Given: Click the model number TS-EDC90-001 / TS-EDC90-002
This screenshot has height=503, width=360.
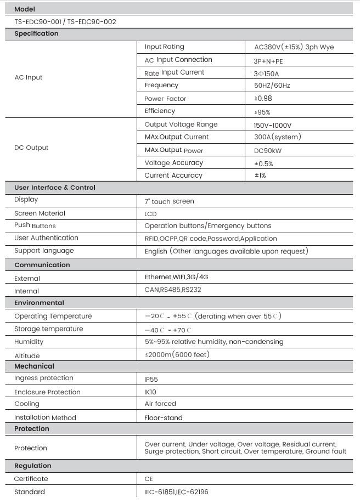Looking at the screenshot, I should tap(65, 22).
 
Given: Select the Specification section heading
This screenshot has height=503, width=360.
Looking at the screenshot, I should tap(36, 33).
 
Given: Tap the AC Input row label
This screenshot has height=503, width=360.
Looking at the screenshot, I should tap(28, 77).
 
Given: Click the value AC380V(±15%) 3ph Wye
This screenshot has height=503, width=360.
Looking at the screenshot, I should tap(290, 47).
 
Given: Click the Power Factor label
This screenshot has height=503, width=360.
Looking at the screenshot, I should tap(165, 99).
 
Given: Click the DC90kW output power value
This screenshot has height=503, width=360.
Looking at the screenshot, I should tap(268, 150).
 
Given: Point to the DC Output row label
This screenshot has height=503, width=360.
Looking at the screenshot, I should tap(31, 148).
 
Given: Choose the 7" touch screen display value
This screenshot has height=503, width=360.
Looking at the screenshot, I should tap(169, 201).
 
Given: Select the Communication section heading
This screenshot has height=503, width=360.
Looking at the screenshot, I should tap(42, 265).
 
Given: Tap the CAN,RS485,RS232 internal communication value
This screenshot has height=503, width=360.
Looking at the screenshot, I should tap(176, 290).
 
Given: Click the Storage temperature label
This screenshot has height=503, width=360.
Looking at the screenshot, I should tap(49, 329).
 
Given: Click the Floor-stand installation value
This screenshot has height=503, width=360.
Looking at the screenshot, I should tap(164, 417).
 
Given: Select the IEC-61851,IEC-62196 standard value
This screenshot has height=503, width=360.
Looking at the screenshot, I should tap(176, 492).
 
